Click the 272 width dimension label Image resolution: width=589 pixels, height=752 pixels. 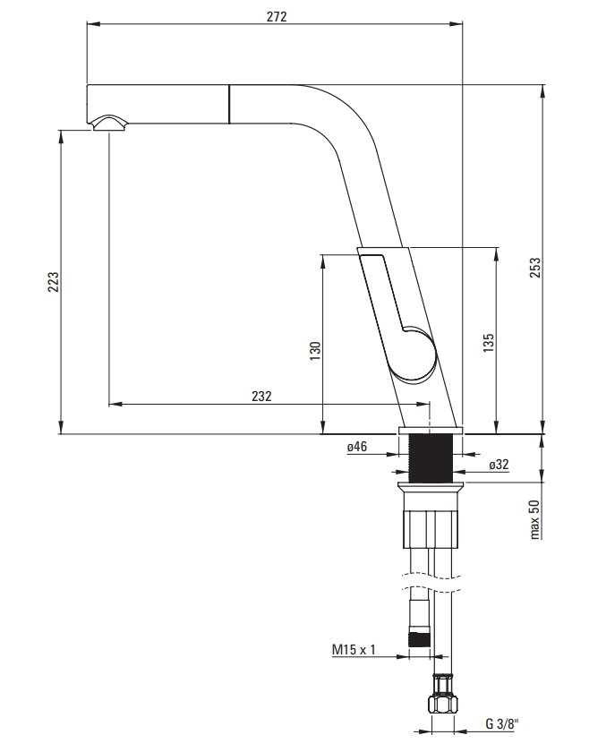[x=277, y=16]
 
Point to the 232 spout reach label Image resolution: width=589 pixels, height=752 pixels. [x=261, y=396]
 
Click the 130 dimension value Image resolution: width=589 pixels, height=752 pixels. [x=315, y=351]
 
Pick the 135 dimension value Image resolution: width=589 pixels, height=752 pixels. [x=488, y=344]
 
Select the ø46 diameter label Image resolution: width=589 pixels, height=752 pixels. [x=357, y=447]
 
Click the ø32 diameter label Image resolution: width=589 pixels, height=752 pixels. [x=499, y=465]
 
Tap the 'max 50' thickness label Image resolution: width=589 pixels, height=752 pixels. [x=534, y=520]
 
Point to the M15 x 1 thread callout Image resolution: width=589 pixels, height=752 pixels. [x=354, y=650]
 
